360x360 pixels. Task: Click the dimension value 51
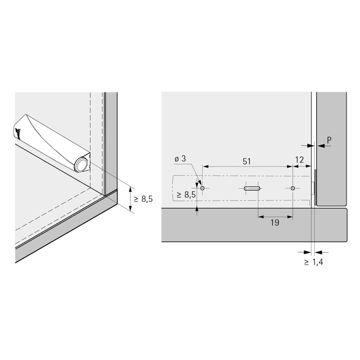pyautogui.click(x=247, y=162)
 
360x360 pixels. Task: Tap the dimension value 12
pyautogui.click(x=299, y=160)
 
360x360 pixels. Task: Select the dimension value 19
pyautogui.click(x=275, y=222)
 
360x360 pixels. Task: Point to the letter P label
pyautogui.click(x=329, y=140)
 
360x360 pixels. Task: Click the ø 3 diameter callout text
pyautogui.click(x=180, y=159)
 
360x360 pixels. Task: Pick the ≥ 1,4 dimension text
pyautogui.click(x=314, y=262)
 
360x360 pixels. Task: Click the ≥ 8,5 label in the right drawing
pyautogui.click(x=186, y=195)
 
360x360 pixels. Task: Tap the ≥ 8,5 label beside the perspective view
pyautogui.click(x=143, y=199)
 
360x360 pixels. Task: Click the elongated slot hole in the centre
pyautogui.click(x=252, y=189)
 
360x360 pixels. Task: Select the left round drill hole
pyautogui.click(x=202, y=188)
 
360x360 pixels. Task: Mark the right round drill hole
pyautogui.click(x=293, y=188)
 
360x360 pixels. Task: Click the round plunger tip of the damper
pyautogui.click(x=81, y=165)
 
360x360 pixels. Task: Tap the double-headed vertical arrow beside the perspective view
pyautogui.click(x=130, y=199)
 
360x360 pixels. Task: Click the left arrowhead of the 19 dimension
pyautogui.click(x=261, y=216)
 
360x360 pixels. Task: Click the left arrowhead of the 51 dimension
pyautogui.click(x=206, y=166)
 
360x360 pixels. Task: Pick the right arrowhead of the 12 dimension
pyautogui.click(x=308, y=166)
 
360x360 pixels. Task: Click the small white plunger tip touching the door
pyautogui.click(x=313, y=188)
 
